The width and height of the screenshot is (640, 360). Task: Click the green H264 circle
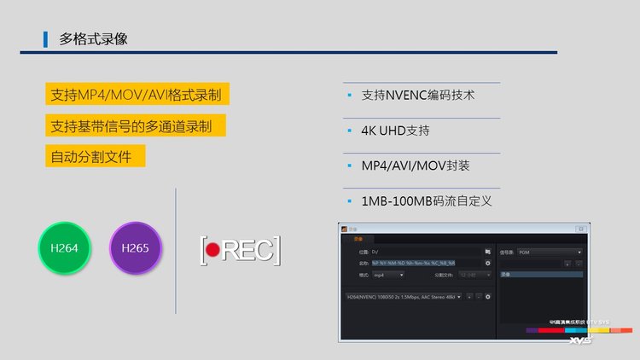point(64,247)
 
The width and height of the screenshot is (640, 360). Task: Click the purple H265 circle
point(136,247)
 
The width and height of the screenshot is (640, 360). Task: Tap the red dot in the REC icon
point(213,250)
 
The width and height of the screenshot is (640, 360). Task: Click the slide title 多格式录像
point(94,39)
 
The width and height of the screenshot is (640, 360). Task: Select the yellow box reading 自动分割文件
point(96,156)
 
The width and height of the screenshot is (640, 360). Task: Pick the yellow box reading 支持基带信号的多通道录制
point(137,126)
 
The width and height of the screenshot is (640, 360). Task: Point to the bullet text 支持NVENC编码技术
point(418,96)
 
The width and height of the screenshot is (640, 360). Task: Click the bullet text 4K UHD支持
point(395,131)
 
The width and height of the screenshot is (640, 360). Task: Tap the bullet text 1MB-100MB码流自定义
point(427,201)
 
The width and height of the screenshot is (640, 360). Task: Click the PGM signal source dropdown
point(550,253)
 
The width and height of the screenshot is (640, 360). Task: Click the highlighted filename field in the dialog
point(414,264)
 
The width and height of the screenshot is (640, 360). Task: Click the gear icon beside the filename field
point(488,264)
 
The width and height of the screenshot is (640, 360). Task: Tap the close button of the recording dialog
point(580,229)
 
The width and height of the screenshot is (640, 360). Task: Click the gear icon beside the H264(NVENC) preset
point(488,296)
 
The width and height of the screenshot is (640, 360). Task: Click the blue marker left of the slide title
point(45,39)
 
